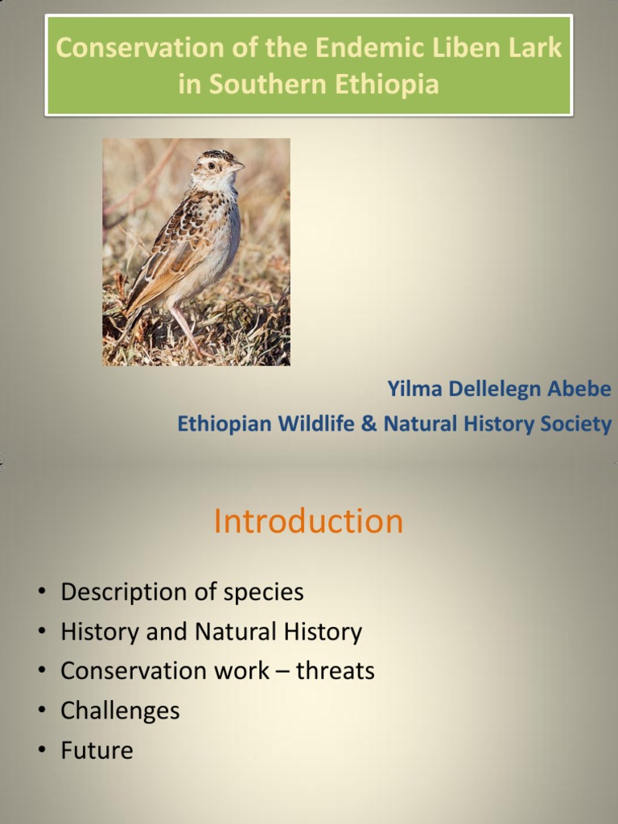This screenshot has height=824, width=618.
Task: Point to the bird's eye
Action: point(212,166)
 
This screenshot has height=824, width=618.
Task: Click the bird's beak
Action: point(237,167)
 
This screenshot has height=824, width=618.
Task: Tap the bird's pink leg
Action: point(183,326)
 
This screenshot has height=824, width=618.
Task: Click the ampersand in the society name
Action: point(369,424)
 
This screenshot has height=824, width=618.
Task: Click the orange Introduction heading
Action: point(308,521)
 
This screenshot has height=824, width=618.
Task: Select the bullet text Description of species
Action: point(182,592)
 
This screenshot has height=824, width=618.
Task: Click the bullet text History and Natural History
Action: point(211,632)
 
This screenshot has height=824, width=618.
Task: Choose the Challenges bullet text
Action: point(120,711)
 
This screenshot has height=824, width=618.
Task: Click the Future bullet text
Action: point(97,750)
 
